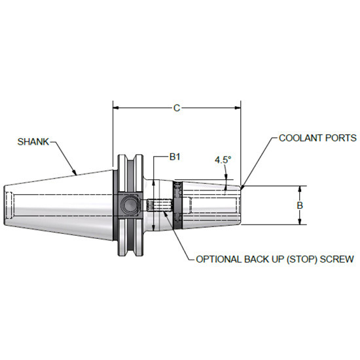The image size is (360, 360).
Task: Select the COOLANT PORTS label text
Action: coord(317,138)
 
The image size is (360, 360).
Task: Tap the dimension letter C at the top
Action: coord(177,108)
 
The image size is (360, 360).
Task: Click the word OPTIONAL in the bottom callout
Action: coord(221,259)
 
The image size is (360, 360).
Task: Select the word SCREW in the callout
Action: coord(338,259)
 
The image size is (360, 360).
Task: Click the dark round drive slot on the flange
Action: coord(129,206)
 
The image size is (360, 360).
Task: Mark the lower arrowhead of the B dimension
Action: coord(300,223)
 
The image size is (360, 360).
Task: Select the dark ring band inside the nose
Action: coord(177,206)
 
